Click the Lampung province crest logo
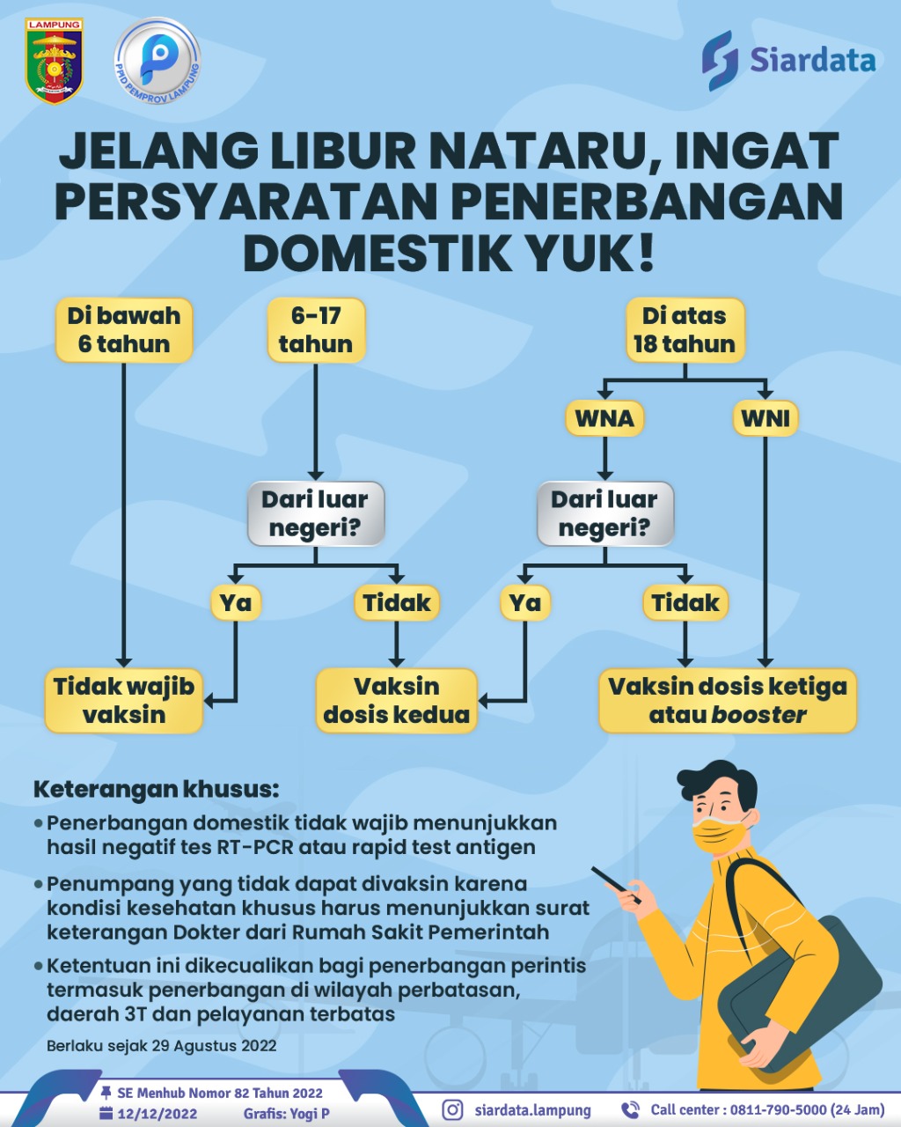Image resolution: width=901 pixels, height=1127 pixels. [55, 61]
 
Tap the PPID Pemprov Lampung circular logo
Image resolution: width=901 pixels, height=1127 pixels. [157, 60]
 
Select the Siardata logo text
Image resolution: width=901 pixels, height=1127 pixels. [812, 60]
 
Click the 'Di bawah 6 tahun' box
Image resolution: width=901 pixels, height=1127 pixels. [124, 330]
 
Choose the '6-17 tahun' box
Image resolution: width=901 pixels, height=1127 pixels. [316, 330]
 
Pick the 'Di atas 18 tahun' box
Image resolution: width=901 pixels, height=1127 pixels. [685, 330]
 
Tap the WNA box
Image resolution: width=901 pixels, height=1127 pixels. [604, 418]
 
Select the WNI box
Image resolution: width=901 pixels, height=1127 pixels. [765, 418]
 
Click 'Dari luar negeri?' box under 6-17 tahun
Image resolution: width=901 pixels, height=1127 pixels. [316, 513]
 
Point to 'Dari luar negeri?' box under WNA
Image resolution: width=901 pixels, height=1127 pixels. [605, 513]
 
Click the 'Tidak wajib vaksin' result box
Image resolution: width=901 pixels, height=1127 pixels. [124, 700]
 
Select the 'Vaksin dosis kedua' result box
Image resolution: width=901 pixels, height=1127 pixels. [396, 700]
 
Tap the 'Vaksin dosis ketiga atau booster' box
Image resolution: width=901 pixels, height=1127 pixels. [728, 700]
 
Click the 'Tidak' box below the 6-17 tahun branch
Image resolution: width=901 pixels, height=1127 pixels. [396, 602]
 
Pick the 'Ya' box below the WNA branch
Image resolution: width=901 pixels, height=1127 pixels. [525, 602]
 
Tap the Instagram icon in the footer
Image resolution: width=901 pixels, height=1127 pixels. [453, 1109]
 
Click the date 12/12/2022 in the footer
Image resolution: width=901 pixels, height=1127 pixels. [157, 1114]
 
